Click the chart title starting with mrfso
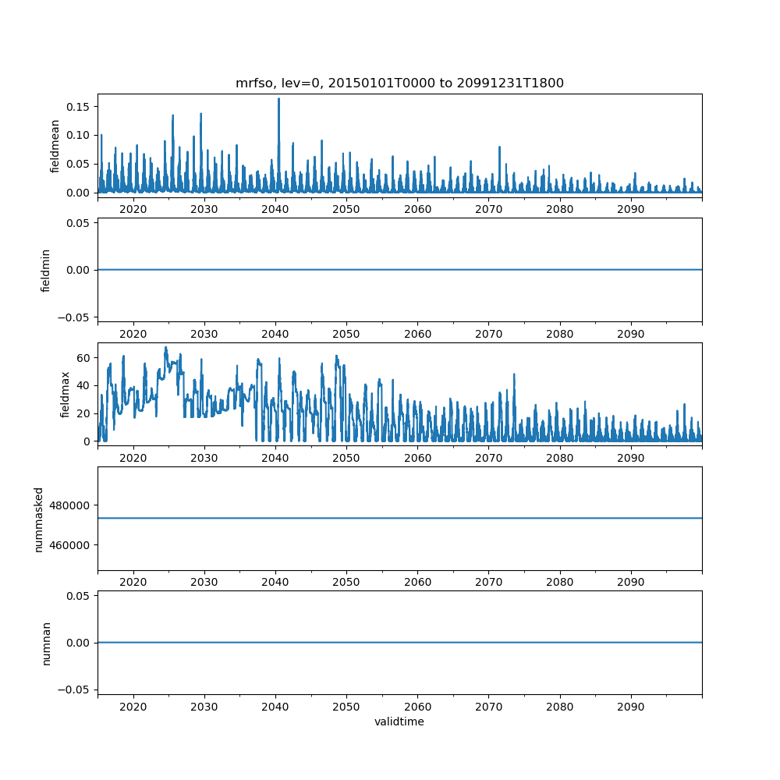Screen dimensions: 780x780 tap(399, 83)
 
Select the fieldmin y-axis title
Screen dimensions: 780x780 tap(46, 270)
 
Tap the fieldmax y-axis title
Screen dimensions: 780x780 tap(66, 394)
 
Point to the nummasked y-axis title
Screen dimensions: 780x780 tap(39, 518)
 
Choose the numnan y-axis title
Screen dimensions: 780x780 tap(46, 643)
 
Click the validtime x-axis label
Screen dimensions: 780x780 tap(399, 722)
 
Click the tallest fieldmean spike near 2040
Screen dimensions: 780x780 tap(278, 100)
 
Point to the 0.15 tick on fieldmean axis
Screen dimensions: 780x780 tap(80, 107)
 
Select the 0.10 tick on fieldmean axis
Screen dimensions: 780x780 tap(80, 135)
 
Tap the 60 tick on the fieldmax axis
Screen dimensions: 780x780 tap(86, 358)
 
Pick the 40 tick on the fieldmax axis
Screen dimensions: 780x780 tap(86, 385)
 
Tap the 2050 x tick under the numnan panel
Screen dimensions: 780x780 tap(346, 706)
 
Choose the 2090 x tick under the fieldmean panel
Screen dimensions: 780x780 tap(630, 210)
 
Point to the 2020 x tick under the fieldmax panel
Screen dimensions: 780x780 tap(133, 458)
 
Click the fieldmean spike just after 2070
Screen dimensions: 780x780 tap(499, 147)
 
